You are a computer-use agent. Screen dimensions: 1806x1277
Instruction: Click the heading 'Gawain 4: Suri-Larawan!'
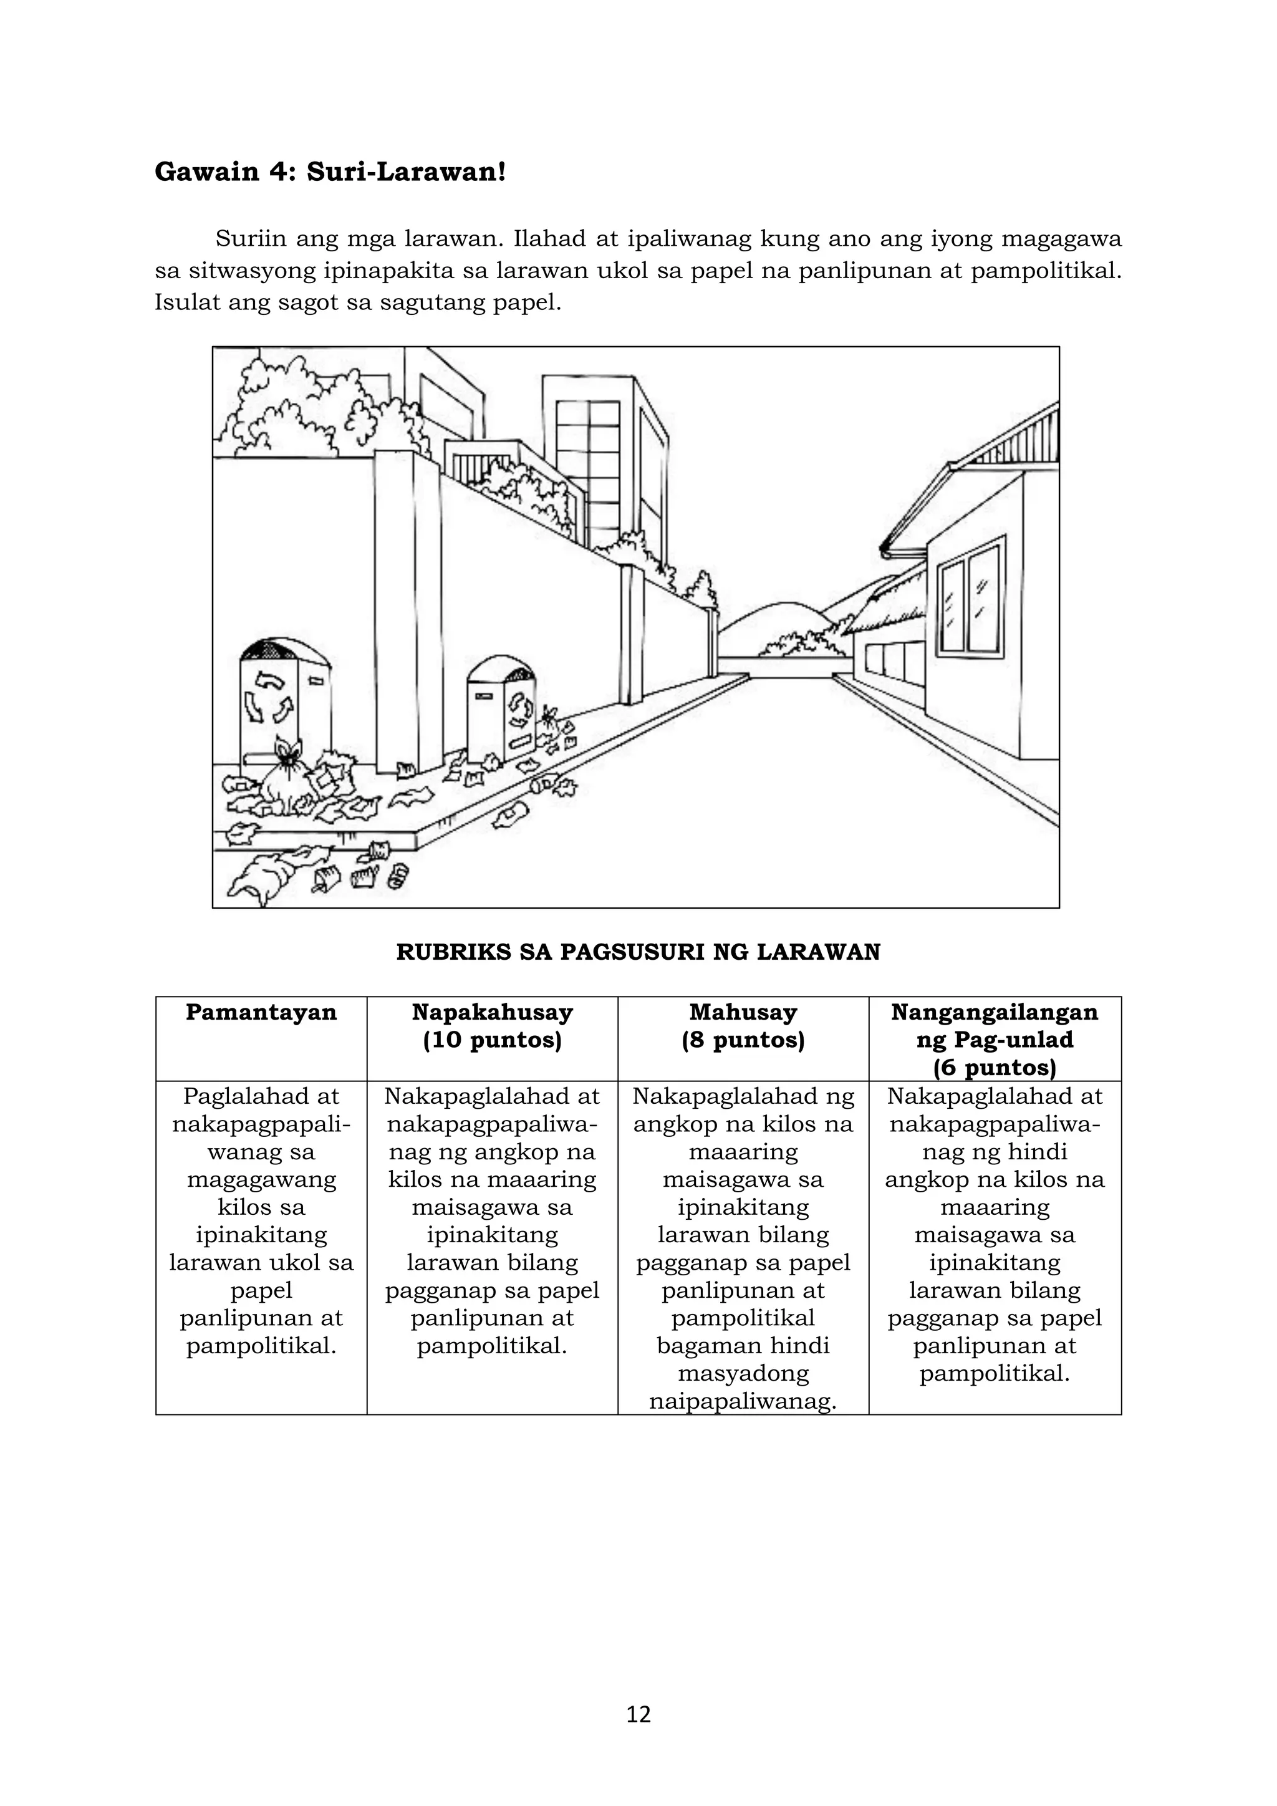pos(329,171)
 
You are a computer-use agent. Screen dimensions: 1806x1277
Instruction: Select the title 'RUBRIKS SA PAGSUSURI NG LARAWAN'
pos(638,952)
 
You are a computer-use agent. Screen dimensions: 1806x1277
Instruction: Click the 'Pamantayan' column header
pos(261,1012)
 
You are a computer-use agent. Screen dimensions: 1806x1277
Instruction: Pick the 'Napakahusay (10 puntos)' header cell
pos(492,1026)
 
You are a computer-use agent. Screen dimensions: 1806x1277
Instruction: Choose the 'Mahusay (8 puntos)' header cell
pos(743,1026)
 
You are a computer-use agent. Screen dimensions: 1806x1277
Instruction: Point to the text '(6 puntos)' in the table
pos(994,1068)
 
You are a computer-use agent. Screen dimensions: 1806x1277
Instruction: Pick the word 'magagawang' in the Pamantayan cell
pos(261,1179)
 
